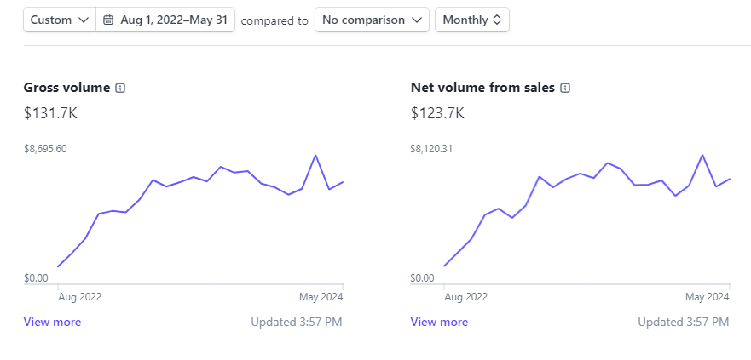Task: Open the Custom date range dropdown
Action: pyautogui.click(x=59, y=20)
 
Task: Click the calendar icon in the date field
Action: pyautogui.click(x=108, y=20)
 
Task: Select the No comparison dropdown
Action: pyautogui.click(x=372, y=20)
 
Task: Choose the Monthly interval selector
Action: pyautogui.click(x=471, y=20)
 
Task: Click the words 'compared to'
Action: pyautogui.click(x=274, y=20)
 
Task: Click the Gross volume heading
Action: pyautogui.click(x=66, y=88)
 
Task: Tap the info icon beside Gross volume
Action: pyautogui.click(x=120, y=88)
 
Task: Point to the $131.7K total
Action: pyautogui.click(x=51, y=112)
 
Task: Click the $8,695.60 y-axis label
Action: pyautogui.click(x=45, y=149)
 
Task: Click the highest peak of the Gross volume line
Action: pyautogui.click(x=316, y=155)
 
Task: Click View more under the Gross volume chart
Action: pyautogui.click(x=52, y=322)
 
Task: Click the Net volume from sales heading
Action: pyautogui.click(x=482, y=88)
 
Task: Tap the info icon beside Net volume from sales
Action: pyautogui.click(x=565, y=88)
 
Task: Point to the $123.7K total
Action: pyautogui.click(x=438, y=112)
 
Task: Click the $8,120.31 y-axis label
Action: pyautogui.click(x=431, y=149)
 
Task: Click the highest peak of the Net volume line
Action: pyautogui.click(x=702, y=155)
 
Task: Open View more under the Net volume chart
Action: pyautogui.click(x=439, y=322)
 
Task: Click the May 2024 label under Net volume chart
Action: pyautogui.click(x=708, y=297)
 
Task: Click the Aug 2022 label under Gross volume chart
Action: pyautogui.click(x=79, y=297)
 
